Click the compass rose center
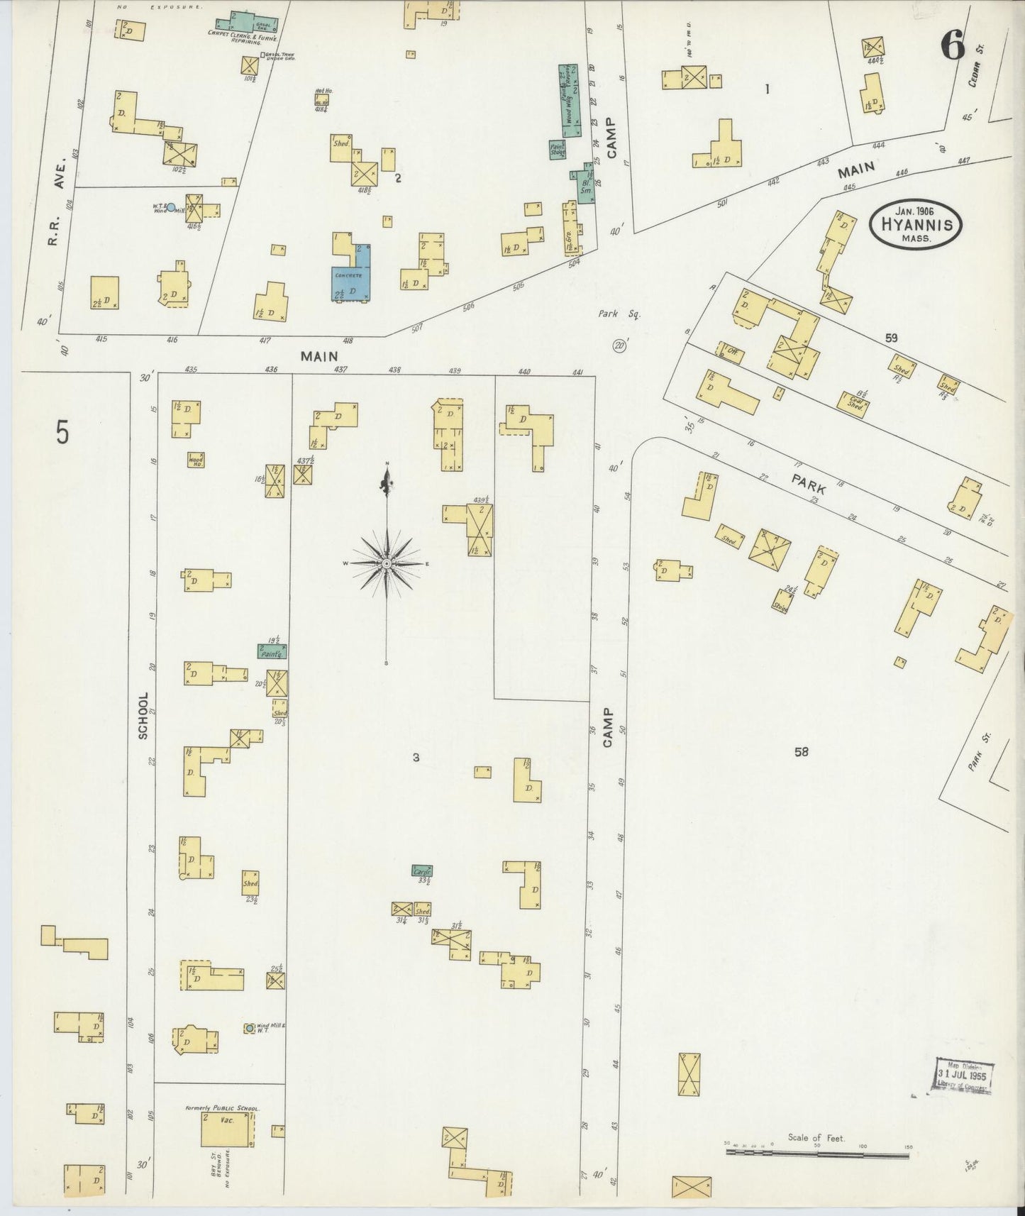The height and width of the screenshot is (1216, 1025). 387,563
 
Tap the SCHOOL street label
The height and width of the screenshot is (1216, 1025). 143,716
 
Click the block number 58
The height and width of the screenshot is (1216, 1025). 801,752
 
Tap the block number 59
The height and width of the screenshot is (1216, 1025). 891,338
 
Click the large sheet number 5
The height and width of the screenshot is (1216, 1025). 63,432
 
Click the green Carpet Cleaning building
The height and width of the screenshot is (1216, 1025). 246,23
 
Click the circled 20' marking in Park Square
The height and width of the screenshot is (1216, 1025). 621,346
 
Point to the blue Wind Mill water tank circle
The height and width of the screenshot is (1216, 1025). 170,208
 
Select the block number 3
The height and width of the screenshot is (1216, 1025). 416,758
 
